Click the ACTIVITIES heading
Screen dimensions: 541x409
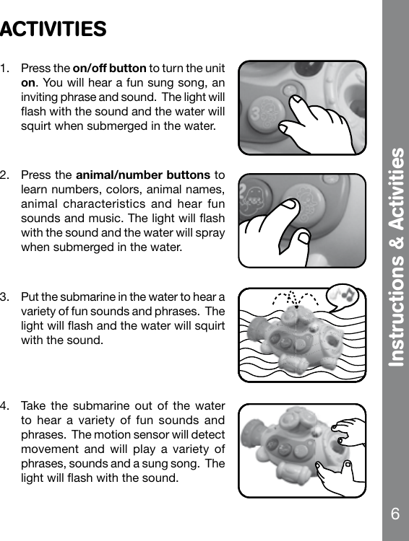(x=53, y=30)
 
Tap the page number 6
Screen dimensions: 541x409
(x=395, y=514)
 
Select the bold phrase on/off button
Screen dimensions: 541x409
(x=110, y=69)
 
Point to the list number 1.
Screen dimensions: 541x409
(x=6, y=69)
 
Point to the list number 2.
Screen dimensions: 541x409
(x=6, y=175)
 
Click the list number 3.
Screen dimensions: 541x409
(x=6, y=297)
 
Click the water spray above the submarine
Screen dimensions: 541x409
(x=292, y=299)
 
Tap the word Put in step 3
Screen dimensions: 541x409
(x=30, y=297)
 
